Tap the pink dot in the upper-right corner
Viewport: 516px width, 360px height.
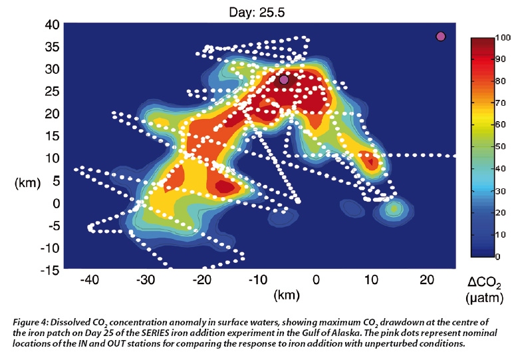pyautogui.click(x=440, y=36)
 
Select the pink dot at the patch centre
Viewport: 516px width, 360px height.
pyautogui.click(x=284, y=79)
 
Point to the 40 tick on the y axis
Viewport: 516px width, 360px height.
pyautogui.click(x=53, y=25)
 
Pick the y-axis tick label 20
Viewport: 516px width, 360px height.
pyautogui.click(x=53, y=114)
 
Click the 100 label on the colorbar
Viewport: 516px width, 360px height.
pyautogui.click(x=502, y=38)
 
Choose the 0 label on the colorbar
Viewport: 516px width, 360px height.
pyautogui.click(x=497, y=256)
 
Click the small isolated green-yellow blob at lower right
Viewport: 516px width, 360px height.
pyautogui.click(x=394, y=209)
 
